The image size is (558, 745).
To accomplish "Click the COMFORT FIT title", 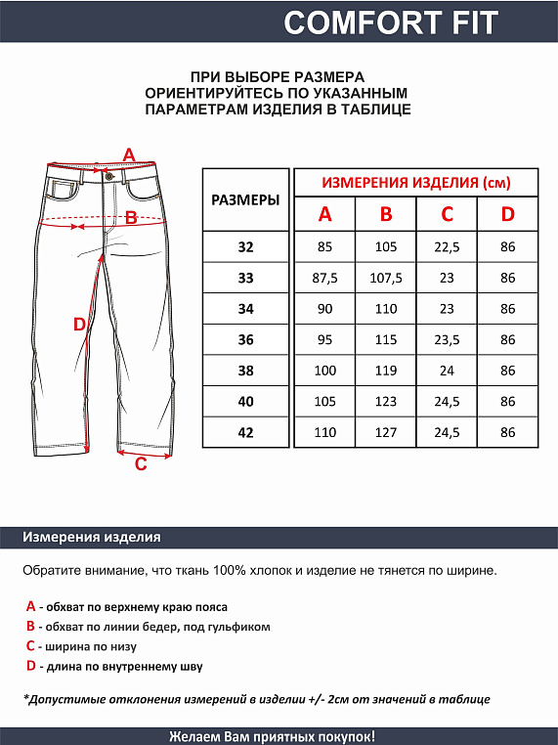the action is [x=391, y=22].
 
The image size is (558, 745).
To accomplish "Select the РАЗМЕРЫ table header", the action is [x=245, y=199].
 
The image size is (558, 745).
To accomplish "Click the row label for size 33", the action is [x=245, y=279].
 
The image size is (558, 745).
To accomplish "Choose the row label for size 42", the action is [x=245, y=432].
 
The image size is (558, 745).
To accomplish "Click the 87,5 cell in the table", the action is [x=324, y=279].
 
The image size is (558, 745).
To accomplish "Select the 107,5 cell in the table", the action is [x=386, y=279].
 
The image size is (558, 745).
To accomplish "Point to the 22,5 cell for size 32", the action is [x=447, y=247].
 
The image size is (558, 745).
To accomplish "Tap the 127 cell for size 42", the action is [x=386, y=432].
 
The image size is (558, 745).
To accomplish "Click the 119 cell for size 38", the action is [x=386, y=371].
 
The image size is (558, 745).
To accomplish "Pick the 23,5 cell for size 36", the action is [x=447, y=340].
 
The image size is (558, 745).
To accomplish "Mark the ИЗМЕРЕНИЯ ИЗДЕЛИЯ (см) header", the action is [x=416, y=183].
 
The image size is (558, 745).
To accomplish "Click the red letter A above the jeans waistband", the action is [x=128, y=154].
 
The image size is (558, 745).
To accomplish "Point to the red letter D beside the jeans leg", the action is [x=80, y=325].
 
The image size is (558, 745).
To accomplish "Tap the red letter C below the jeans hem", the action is [x=141, y=464].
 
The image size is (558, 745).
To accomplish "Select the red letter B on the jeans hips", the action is [x=131, y=218].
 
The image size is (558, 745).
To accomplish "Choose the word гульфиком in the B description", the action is [x=237, y=627].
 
